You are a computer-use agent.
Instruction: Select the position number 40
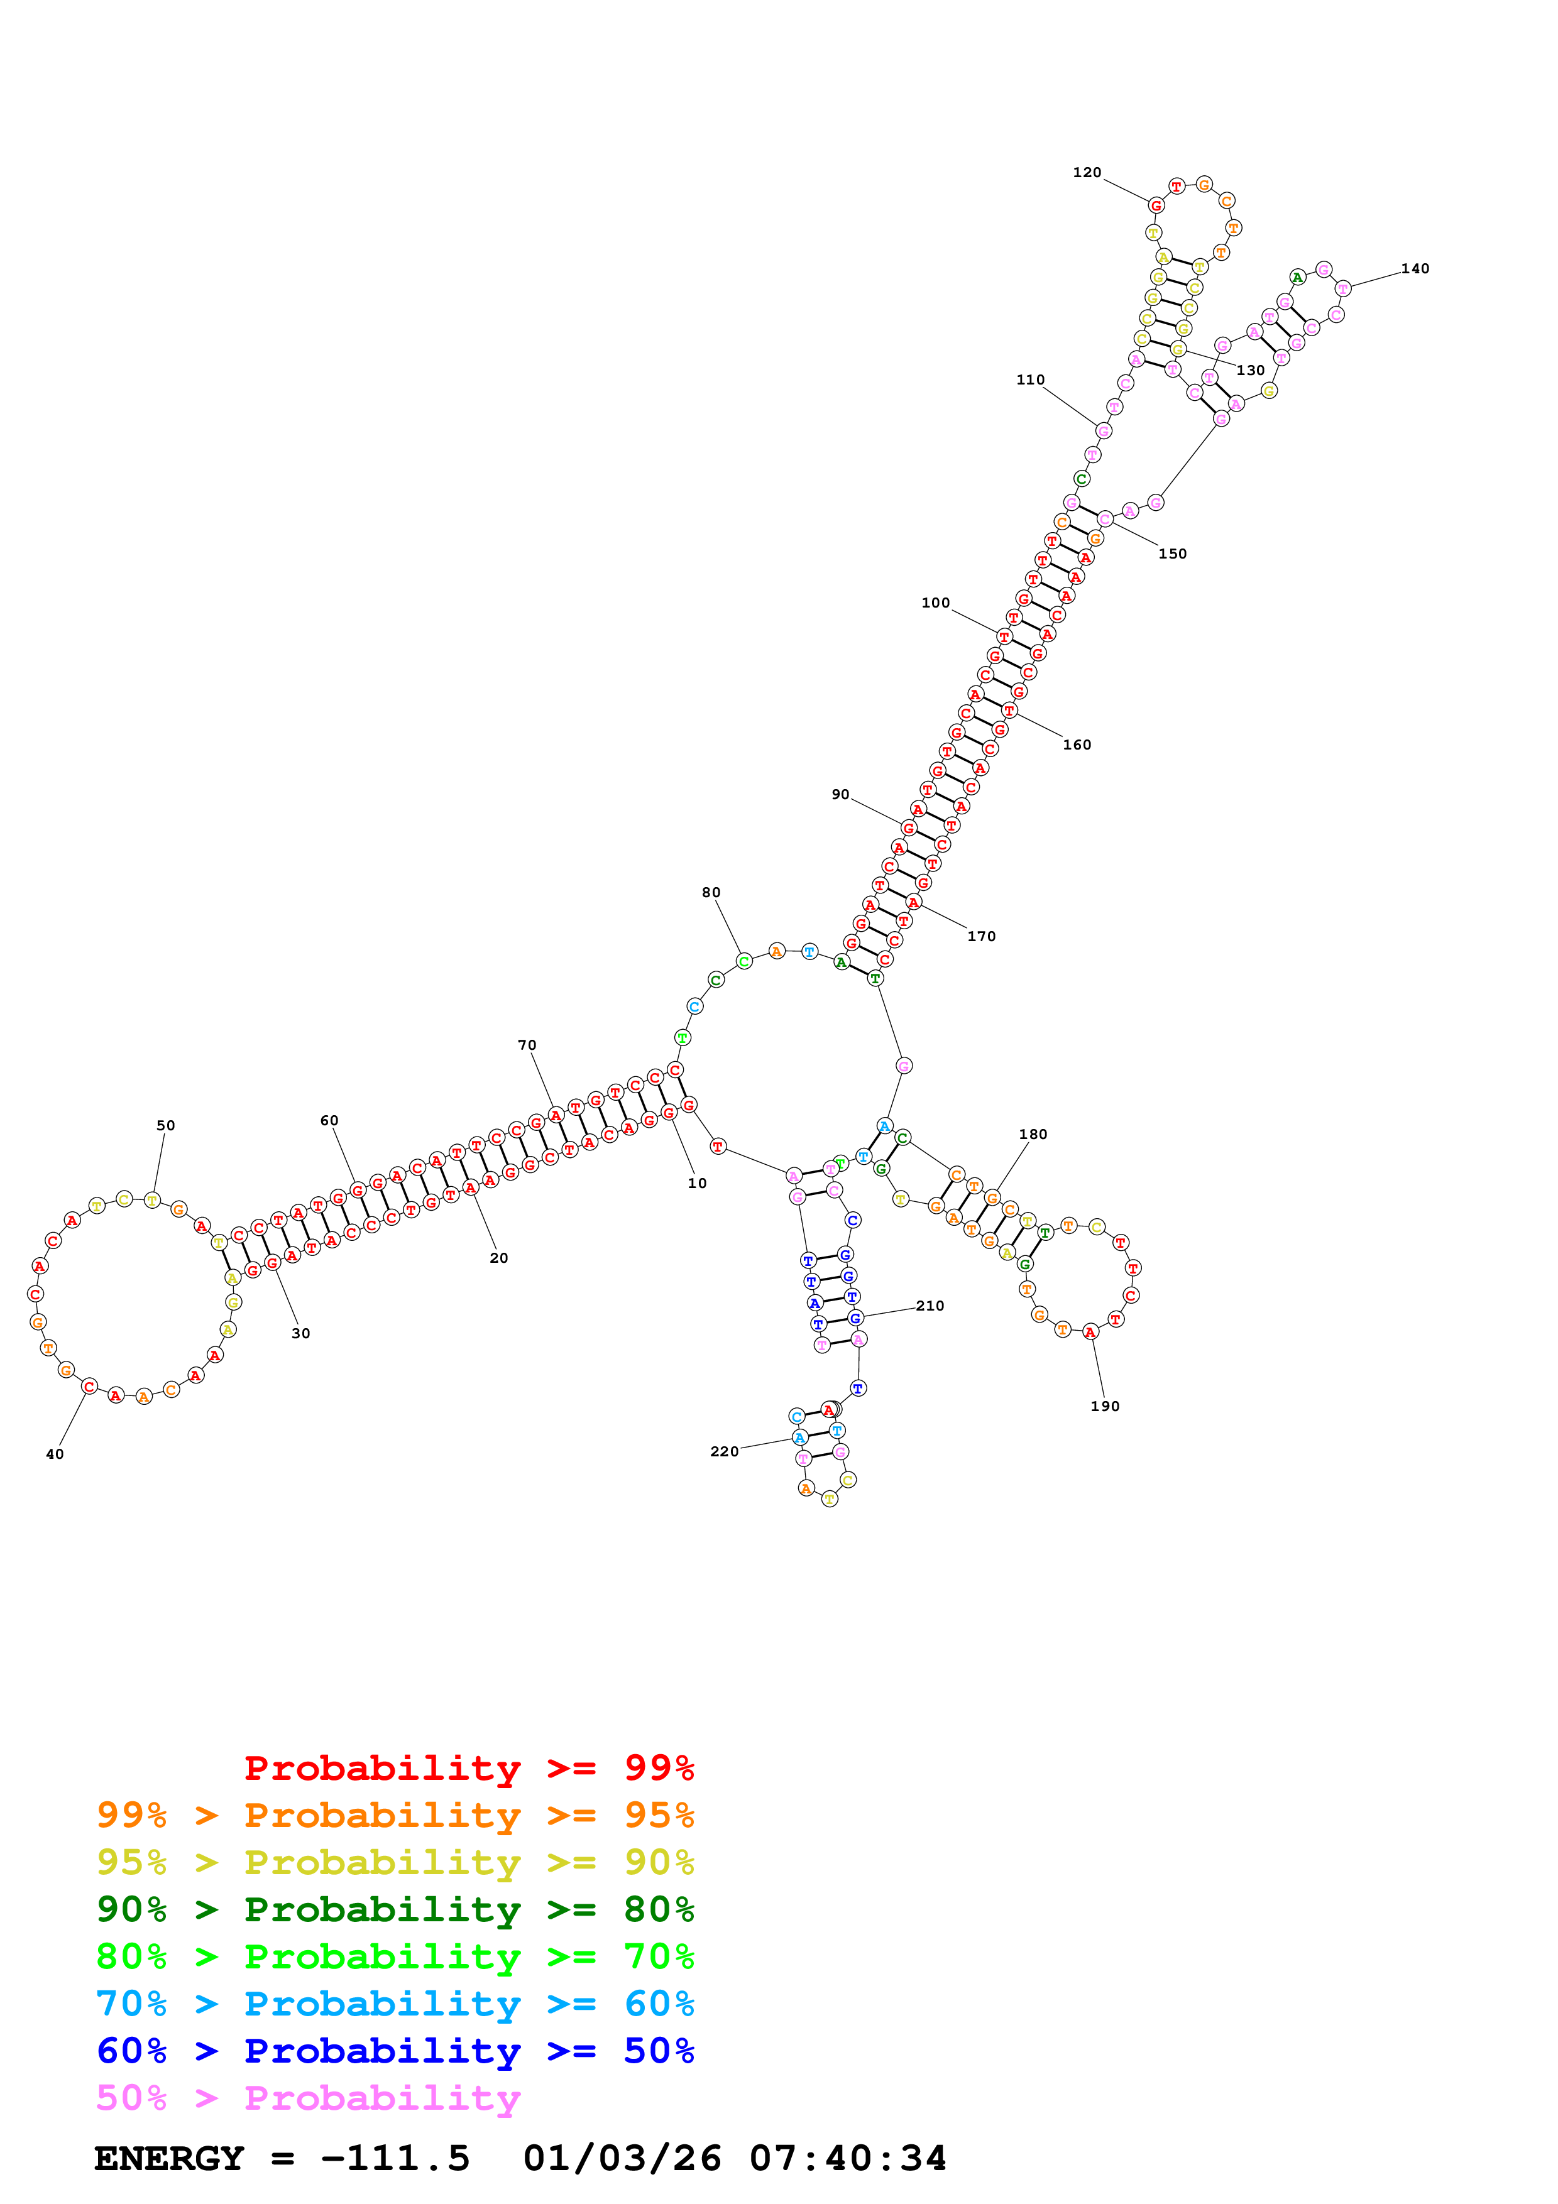tap(55, 1454)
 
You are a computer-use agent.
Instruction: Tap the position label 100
tap(935, 603)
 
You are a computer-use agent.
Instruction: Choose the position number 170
tap(981, 937)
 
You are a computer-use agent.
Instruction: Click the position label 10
tap(697, 1184)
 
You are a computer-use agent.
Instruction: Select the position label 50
tap(166, 1126)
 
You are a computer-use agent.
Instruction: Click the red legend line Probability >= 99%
tap(468, 1768)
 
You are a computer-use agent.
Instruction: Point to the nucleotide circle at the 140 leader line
tap(1343, 288)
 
